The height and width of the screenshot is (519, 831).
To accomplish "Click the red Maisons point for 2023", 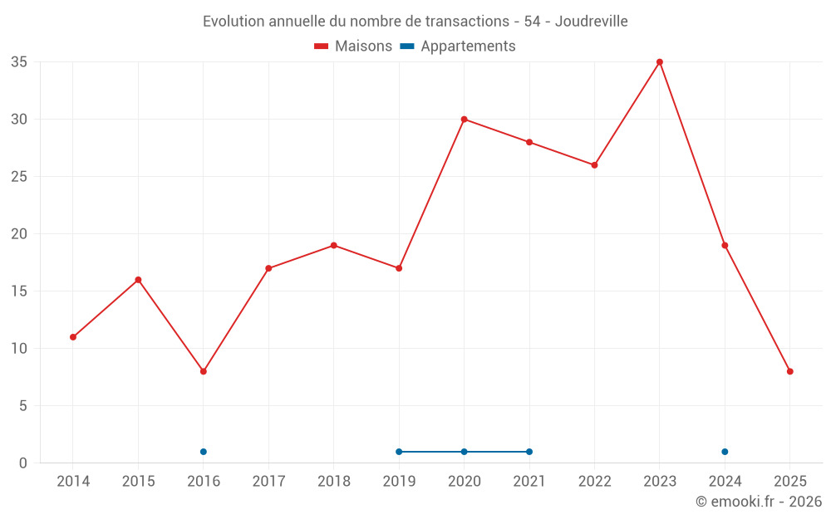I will [x=660, y=62].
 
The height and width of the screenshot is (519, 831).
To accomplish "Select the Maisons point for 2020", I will [x=464, y=120].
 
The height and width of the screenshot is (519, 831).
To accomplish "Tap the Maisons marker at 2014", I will [x=73, y=337].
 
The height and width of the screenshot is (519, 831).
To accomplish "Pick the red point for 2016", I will [x=204, y=371].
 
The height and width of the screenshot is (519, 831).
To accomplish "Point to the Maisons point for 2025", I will [x=790, y=371].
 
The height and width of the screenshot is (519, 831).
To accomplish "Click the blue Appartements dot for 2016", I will [x=204, y=452].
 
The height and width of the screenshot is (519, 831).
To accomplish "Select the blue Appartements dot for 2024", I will [x=725, y=452].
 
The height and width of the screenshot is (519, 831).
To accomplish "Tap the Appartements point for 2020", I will [x=464, y=452].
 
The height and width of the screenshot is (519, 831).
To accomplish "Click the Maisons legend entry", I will [x=353, y=47].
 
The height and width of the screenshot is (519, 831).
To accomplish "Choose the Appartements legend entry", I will [x=458, y=47].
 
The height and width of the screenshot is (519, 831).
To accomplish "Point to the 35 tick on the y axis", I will [x=19, y=62].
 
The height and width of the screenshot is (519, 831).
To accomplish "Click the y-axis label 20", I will [x=19, y=234].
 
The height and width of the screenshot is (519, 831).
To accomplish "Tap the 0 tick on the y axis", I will [x=23, y=463].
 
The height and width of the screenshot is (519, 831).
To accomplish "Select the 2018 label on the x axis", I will [x=333, y=482].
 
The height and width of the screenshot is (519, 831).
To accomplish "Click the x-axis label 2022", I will [x=594, y=482].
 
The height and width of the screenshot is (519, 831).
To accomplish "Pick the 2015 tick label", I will [x=138, y=482].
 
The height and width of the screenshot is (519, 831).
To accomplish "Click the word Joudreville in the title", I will [x=593, y=21].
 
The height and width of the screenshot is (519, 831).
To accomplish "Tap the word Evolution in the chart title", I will [x=234, y=21].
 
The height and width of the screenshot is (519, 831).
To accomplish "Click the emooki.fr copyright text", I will [x=759, y=502].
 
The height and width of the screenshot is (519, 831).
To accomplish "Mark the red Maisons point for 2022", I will [x=594, y=165].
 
